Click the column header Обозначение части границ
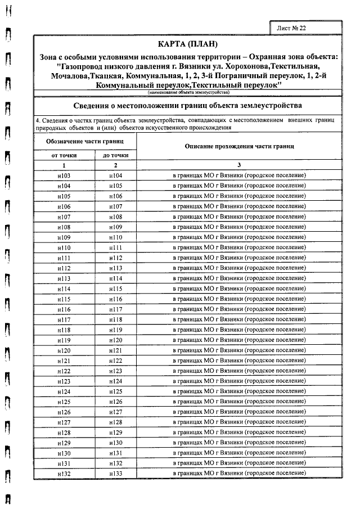coord(85,143)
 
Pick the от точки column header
coord(64,155)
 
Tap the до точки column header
coord(115,155)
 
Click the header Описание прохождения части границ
coord(240,146)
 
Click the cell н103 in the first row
coord(64,175)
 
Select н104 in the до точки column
coord(115,175)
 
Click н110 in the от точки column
coord(64,247)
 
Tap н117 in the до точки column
coord(115,309)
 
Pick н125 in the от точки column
coord(64,402)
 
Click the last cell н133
coord(115,474)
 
